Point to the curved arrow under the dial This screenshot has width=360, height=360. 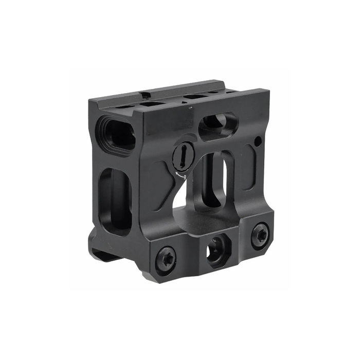pos(178,175)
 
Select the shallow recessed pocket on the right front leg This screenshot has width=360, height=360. pos(250,167)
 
